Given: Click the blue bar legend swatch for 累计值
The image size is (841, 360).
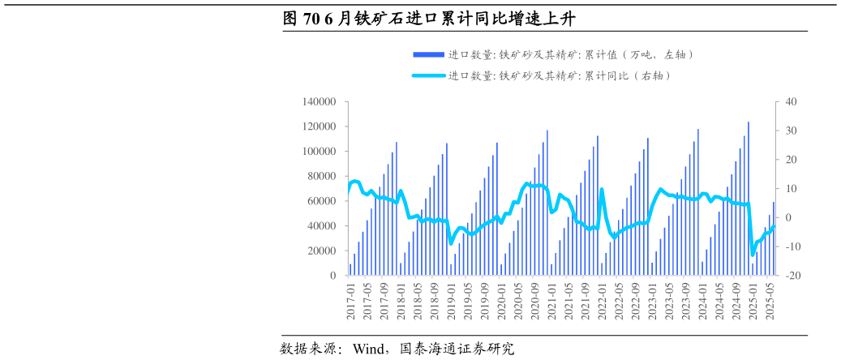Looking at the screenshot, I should pyautogui.click(x=428, y=55).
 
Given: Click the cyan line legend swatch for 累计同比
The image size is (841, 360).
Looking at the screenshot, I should pyautogui.click(x=428, y=76).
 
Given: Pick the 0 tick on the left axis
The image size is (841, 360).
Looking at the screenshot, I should pyautogui.click(x=333, y=276).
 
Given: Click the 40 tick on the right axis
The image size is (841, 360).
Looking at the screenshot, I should pyautogui.click(x=792, y=102).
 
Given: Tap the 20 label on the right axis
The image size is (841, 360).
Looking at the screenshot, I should pyautogui.click(x=792, y=160).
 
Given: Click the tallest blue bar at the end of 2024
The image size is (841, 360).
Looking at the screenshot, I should pyautogui.click(x=748, y=199).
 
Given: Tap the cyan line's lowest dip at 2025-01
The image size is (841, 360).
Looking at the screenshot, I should pyautogui.click(x=753, y=255).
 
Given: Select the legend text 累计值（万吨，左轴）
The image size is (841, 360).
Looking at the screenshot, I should pyautogui.click(x=571, y=55).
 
